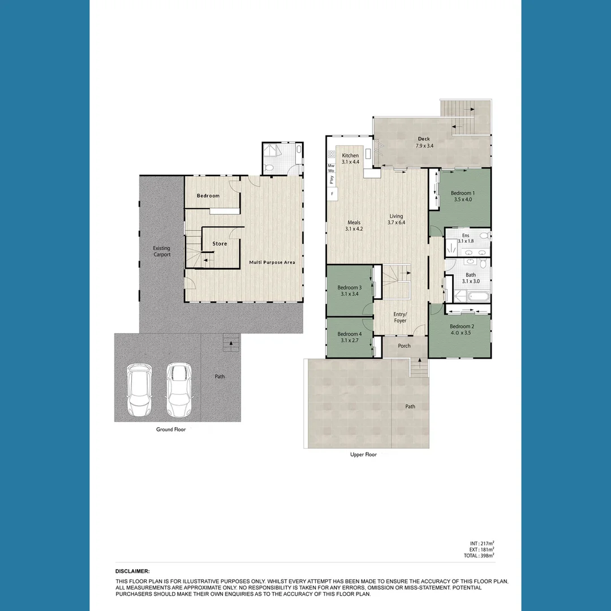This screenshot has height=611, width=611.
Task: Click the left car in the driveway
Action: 139,390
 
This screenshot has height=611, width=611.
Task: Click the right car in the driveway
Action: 177,390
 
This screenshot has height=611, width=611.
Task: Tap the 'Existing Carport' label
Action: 161,251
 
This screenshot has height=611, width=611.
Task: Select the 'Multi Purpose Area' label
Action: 272,263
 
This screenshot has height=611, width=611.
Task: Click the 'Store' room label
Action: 220,244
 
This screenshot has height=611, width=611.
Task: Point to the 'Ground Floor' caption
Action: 171,429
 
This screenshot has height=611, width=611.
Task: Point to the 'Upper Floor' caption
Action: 363,454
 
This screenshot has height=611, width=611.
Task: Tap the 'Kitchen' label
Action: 350,156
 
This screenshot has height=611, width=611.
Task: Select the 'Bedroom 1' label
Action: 462,193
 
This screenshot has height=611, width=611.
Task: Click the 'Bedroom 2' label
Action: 461,326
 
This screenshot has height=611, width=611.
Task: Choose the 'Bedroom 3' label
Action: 349,287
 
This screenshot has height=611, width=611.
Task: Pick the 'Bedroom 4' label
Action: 349,334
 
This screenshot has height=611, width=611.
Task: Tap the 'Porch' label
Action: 404,346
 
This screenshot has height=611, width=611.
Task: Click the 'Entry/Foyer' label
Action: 400,317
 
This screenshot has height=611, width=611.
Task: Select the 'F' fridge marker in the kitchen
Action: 332,194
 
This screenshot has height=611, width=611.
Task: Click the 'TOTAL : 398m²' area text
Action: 479,556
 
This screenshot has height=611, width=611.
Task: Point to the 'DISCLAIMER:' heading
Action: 132,571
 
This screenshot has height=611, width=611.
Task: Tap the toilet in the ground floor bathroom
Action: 270,167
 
